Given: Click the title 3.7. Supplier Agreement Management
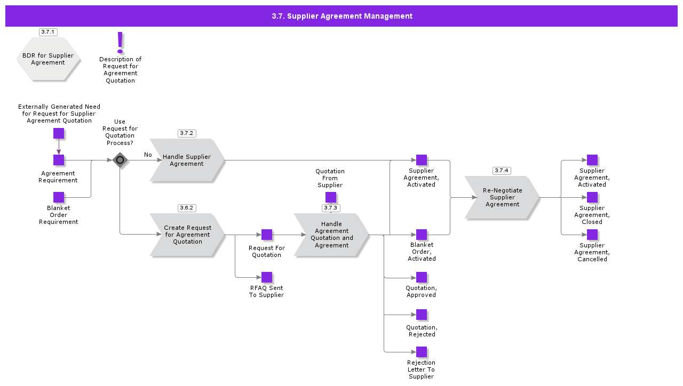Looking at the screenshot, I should point(341,16).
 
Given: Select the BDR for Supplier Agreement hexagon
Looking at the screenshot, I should point(48,59).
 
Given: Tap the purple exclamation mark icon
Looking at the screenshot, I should point(120,42).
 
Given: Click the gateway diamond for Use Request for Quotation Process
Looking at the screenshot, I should point(120,160).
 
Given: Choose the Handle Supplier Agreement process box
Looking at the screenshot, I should point(187,160).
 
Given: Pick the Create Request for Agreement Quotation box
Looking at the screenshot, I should point(187,235).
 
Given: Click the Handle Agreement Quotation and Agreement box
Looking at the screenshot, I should point(331,235).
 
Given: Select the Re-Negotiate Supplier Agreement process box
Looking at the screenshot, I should point(502,197).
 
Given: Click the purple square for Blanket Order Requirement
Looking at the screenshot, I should point(59,197).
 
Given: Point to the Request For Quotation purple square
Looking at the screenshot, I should point(267,235).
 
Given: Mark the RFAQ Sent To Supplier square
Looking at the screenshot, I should point(267,277).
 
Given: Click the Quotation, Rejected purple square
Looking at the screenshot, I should point(422,315).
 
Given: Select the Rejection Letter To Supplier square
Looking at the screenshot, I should point(422,352).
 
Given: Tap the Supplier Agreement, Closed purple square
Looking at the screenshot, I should point(592,197).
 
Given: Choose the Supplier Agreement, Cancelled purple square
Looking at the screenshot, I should point(592,235).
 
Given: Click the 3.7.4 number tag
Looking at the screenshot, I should point(502,171).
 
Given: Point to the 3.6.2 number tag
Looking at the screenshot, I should point(187,208).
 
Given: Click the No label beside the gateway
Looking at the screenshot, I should point(148,155).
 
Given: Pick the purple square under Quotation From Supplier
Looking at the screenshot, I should point(331,197).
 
